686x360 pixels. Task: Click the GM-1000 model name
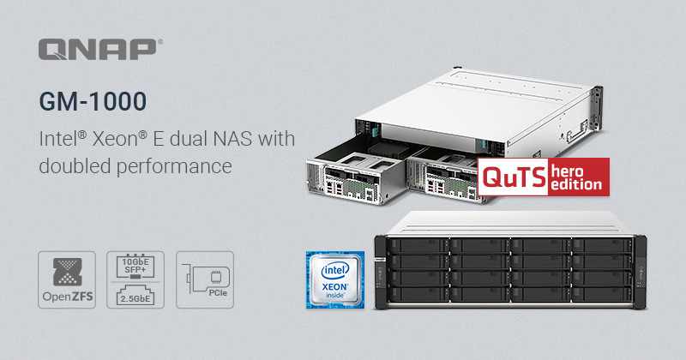coord(92,101)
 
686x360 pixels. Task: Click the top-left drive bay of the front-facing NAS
coord(418,244)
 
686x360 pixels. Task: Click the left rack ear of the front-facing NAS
coord(381,269)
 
